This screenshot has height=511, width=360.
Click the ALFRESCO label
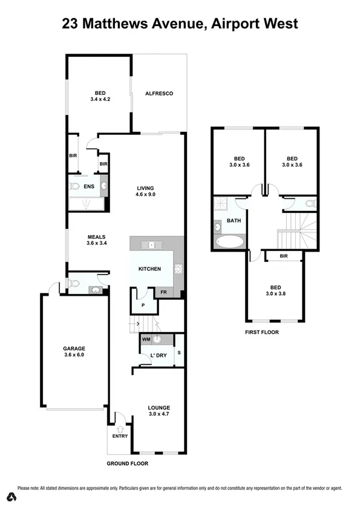click(x=159, y=93)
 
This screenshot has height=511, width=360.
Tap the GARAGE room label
click(x=74, y=348)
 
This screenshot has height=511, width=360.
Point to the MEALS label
click(x=80, y=237)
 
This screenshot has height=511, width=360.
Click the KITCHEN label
click(x=149, y=269)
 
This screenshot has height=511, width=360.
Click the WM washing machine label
click(x=146, y=340)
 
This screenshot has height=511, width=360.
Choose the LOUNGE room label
click(x=159, y=408)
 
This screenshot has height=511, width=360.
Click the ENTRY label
click(x=118, y=435)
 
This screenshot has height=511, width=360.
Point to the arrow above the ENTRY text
click(x=118, y=429)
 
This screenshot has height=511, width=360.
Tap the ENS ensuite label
click(x=88, y=187)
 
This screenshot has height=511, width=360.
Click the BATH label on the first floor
click(x=234, y=221)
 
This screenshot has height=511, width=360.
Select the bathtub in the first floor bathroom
click(x=229, y=242)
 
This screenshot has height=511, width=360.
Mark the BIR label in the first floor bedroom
click(x=283, y=256)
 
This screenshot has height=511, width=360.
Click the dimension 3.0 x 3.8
click(x=275, y=294)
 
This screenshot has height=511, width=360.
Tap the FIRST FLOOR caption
click(x=262, y=333)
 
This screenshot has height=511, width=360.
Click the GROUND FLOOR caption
click(x=127, y=463)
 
